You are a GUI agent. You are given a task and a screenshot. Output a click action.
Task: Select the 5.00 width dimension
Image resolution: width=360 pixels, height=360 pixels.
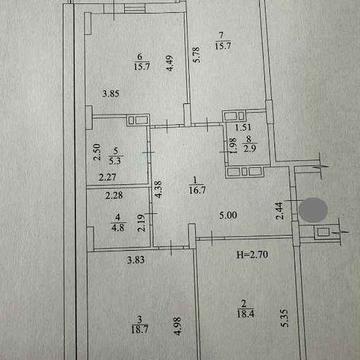coord(229,213)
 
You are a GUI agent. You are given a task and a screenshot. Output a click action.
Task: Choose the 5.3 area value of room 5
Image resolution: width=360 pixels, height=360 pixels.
coord(119,158)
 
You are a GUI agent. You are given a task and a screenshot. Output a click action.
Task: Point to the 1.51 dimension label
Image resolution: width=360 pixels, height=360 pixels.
coord(242,128)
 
